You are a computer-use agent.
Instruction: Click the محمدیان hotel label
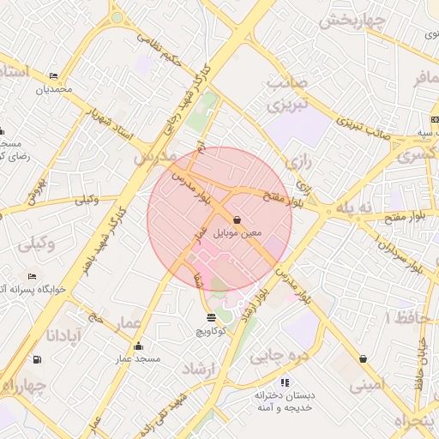click(x=53, y=89)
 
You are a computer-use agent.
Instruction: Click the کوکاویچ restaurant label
click(x=211, y=330)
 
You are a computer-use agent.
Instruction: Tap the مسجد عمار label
click(x=139, y=358)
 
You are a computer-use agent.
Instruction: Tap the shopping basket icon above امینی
click(x=364, y=358)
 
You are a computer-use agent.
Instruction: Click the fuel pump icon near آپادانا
click(x=36, y=359)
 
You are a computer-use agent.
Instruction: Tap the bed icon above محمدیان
click(x=54, y=76)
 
